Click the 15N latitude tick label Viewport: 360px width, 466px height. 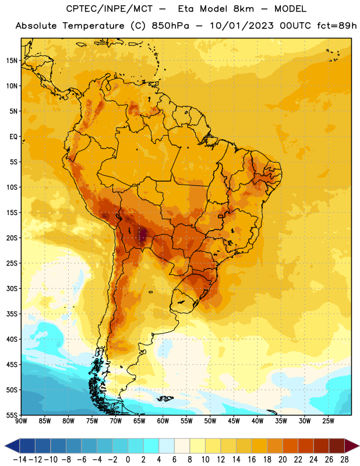click(12, 61)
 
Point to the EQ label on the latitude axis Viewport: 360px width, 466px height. click(13, 137)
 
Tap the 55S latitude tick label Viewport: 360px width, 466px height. click(12, 415)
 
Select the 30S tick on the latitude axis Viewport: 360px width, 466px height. click(12, 288)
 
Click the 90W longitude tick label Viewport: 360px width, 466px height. click(21, 421)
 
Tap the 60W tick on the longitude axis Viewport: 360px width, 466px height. click(163, 421)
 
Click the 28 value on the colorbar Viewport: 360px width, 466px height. click(344, 460)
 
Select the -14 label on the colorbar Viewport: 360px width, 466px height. click(20, 460)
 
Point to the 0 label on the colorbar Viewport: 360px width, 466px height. click(128, 460)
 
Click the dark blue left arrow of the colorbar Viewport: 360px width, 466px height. click(12, 446)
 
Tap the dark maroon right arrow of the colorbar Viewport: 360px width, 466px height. click(352, 446)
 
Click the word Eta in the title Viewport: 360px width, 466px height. click(186, 9)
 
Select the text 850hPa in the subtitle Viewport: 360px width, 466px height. click(170, 26)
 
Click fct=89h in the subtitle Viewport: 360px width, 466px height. click(337, 26)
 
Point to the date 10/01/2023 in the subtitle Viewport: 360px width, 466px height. click(242, 26)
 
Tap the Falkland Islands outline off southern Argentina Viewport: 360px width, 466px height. click(165, 398)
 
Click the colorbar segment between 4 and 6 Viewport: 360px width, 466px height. click(167, 446)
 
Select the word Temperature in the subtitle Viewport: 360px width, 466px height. click(93, 26)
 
